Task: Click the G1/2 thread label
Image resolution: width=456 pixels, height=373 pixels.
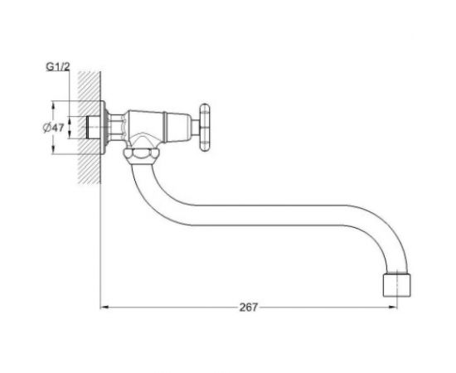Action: [58, 67]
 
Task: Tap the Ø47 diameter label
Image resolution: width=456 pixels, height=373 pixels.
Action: [53, 128]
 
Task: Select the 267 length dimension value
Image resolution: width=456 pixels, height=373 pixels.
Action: [249, 308]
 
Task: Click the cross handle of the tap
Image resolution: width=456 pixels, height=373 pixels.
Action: [205, 128]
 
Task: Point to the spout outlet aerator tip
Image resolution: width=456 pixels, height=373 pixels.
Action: [396, 284]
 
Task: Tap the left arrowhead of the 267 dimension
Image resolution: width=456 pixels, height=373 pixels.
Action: [104, 307]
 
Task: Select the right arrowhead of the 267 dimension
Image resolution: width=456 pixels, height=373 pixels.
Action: [393, 307]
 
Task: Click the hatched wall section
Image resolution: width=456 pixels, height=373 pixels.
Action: [89, 128]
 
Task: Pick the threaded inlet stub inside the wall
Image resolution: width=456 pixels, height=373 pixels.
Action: [93, 128]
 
